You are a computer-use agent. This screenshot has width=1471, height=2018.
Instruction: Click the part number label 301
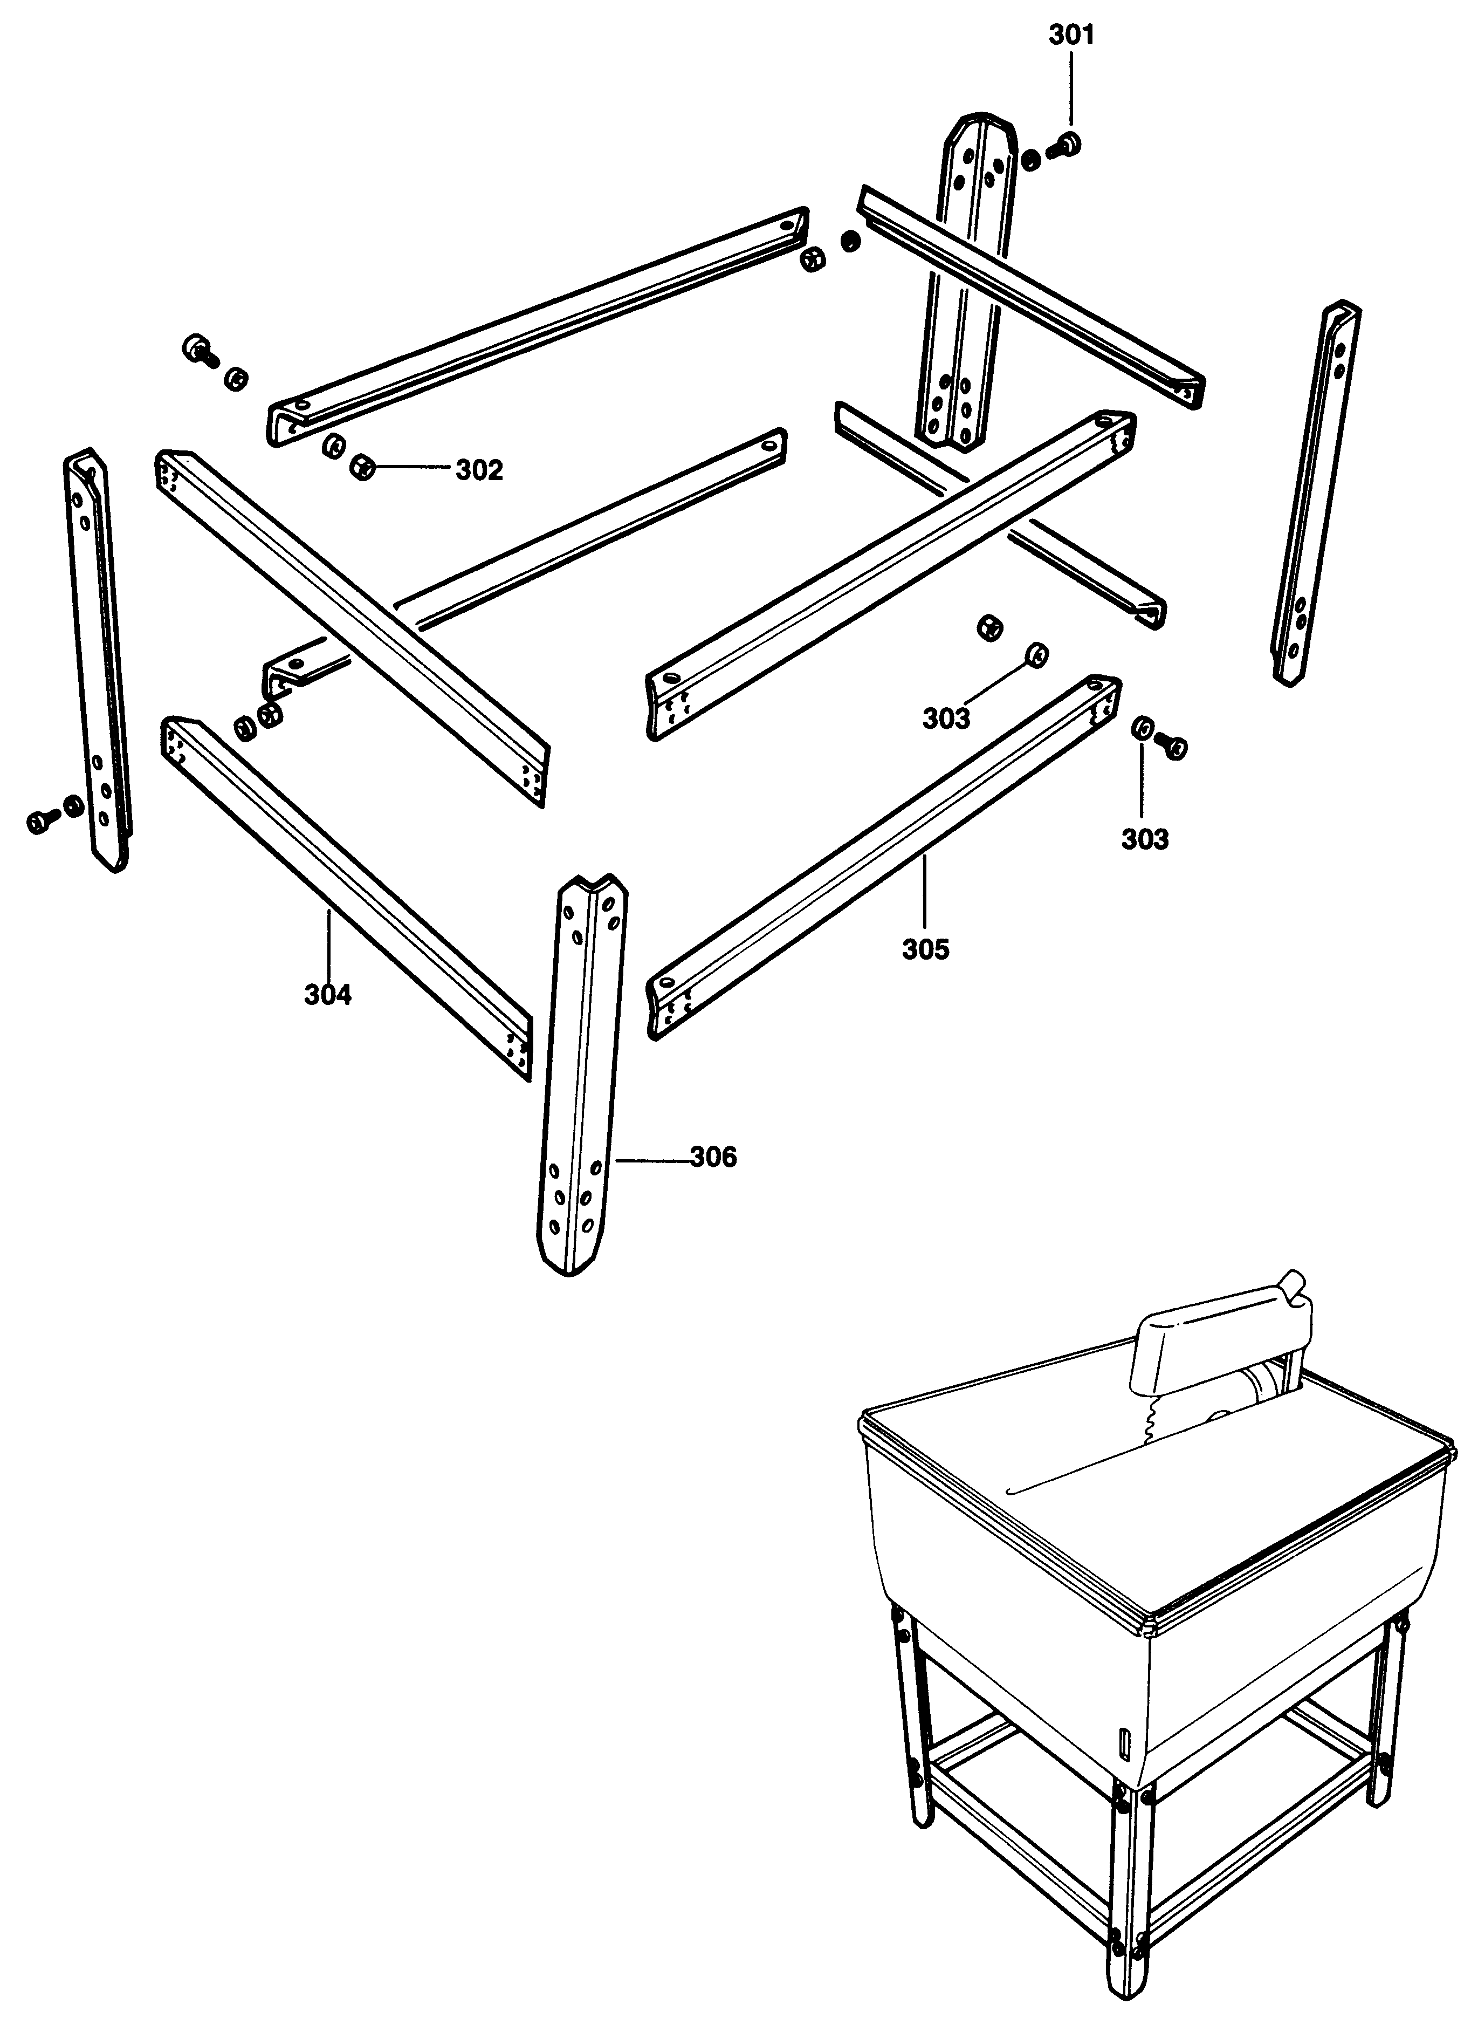[x=1071, y=36]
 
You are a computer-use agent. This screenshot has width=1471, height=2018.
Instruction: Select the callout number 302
[x=479, y=470]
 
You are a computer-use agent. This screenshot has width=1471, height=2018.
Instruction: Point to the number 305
[x=925, y=949]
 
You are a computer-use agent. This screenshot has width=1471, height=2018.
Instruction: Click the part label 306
[x=713, y=1157]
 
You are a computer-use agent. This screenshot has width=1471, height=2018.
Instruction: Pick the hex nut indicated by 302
[x=362, y=466]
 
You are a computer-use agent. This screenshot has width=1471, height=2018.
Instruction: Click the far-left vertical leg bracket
[x=98, y=660]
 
